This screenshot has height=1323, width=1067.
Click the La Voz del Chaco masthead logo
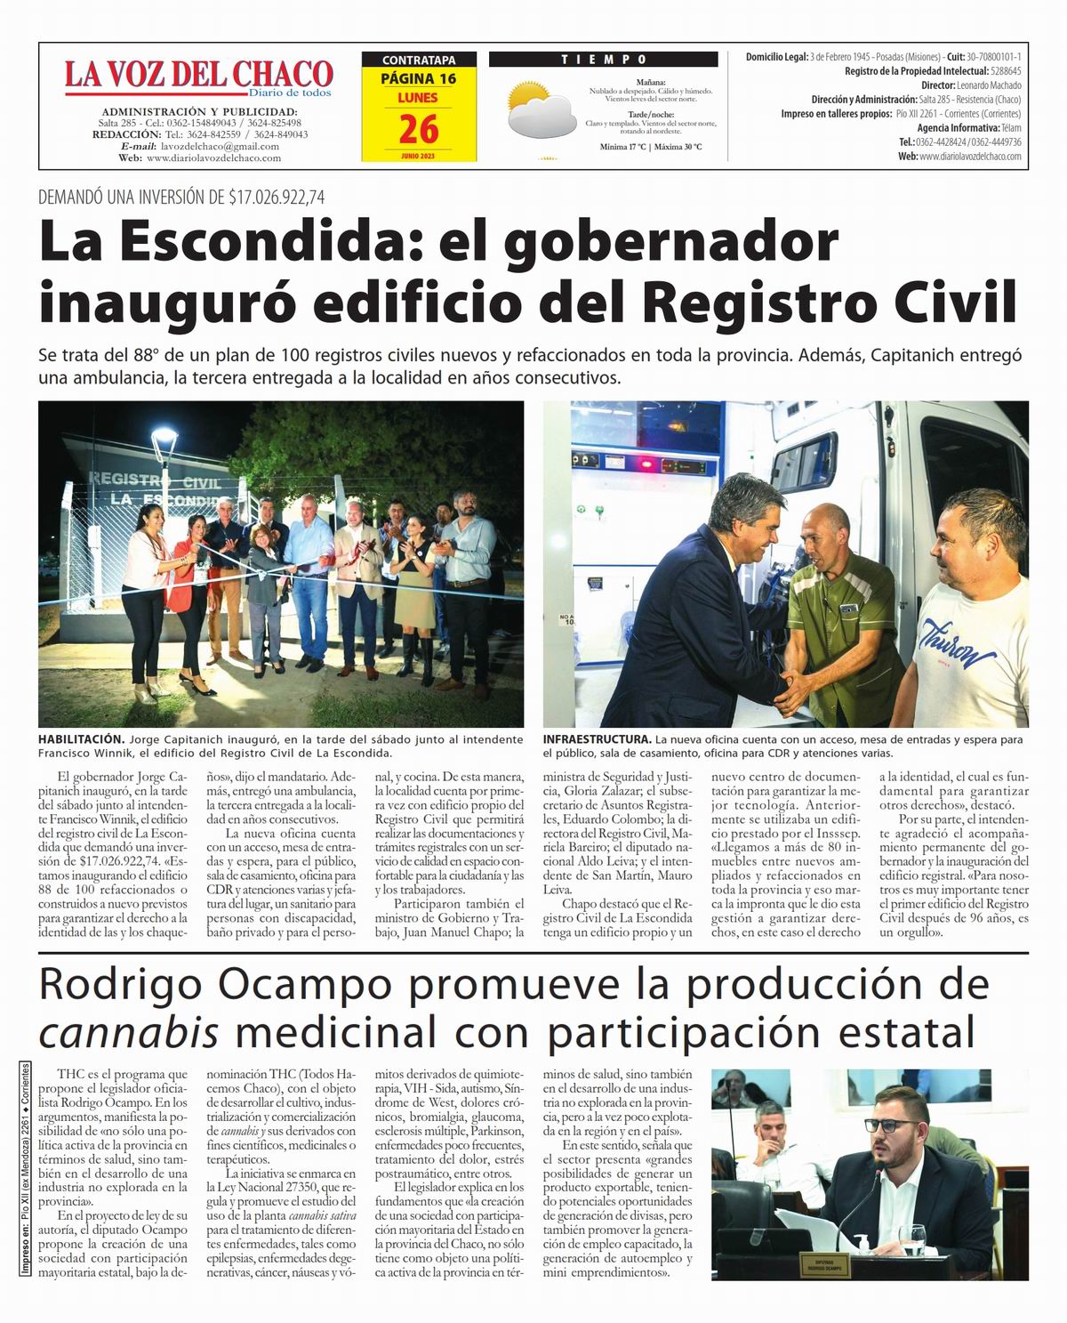coord(197,77)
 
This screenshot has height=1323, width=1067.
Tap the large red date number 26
coord(418,130)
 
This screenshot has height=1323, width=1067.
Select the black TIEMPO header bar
coord(603,60)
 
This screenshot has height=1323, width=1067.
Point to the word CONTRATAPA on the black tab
coord(418,61)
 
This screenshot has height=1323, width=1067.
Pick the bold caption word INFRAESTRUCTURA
coord(597,739)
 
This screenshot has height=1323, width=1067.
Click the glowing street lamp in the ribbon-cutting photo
coord(164,437)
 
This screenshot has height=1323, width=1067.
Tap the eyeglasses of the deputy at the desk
coord(884,1125)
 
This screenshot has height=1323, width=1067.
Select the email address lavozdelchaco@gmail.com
coord(218,146)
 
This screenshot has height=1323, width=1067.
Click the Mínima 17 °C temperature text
coord(622,146)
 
